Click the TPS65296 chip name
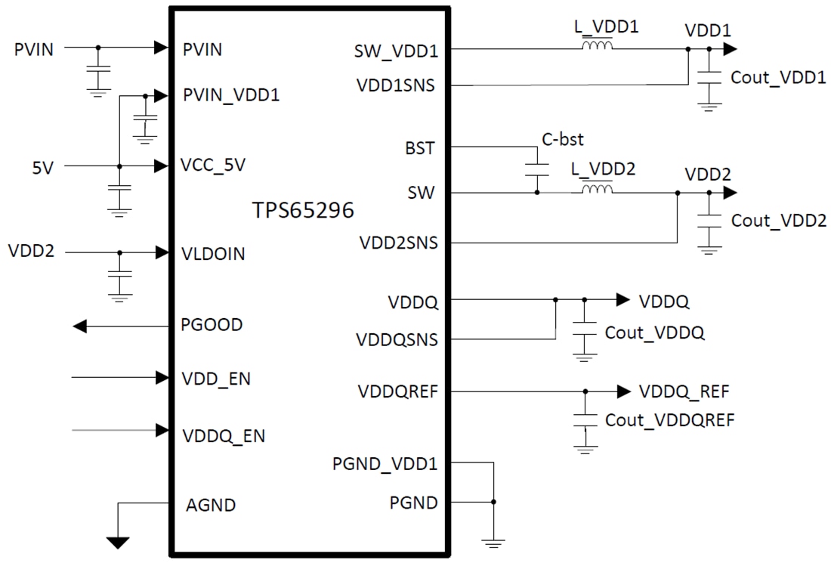303,210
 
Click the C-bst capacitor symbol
537,169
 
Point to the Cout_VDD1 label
778,78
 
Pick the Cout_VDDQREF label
669,420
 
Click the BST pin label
420,147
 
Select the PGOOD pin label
212,325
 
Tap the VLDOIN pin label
214,254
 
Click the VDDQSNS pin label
397,339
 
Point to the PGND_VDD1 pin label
385,463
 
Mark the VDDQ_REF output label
684,391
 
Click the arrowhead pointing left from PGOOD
80,326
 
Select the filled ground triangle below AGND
117,542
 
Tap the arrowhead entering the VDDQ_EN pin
161,430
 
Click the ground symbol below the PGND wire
493,540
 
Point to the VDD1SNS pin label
395,85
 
